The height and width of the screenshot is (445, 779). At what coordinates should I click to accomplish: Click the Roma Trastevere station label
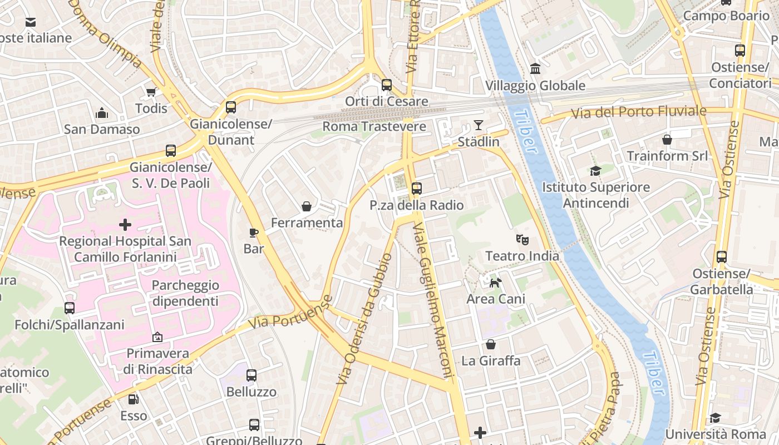click(374, 126)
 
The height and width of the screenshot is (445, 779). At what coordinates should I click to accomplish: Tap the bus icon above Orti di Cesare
click(386, 85)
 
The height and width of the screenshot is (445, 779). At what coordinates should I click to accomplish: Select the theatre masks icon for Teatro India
click(522, 240)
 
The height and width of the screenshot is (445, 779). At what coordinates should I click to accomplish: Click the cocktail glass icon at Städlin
click(478, 125)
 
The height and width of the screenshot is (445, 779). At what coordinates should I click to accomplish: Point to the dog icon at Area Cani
click(495, 283)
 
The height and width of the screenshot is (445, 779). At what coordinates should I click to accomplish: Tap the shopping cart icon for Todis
click(151, 92)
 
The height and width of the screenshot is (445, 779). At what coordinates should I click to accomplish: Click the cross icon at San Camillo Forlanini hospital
click(125, 225)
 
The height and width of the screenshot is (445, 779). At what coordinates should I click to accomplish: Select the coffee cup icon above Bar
click(254, 232)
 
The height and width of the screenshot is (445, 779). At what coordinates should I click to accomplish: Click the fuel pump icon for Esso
click(134, 399)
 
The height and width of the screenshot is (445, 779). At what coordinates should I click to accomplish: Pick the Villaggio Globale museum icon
click(535, 69)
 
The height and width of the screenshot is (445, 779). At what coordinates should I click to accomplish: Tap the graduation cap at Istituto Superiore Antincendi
click(596, 171)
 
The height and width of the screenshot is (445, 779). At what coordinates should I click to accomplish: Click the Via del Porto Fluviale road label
click(639, 112)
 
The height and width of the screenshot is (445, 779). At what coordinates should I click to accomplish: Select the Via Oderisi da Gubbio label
click(365, 319)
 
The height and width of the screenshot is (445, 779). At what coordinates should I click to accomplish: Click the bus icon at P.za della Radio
click(416, 189)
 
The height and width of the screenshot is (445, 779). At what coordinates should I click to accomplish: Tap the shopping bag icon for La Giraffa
click(490, 344)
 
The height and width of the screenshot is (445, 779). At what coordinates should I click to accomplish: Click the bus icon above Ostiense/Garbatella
click(721, 257)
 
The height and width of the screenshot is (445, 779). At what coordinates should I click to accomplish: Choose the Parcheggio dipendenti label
click(185, 293)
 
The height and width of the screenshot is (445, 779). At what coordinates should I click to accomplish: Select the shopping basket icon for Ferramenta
click(306, 206)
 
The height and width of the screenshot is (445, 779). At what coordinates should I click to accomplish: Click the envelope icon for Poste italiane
click(31, 22)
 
